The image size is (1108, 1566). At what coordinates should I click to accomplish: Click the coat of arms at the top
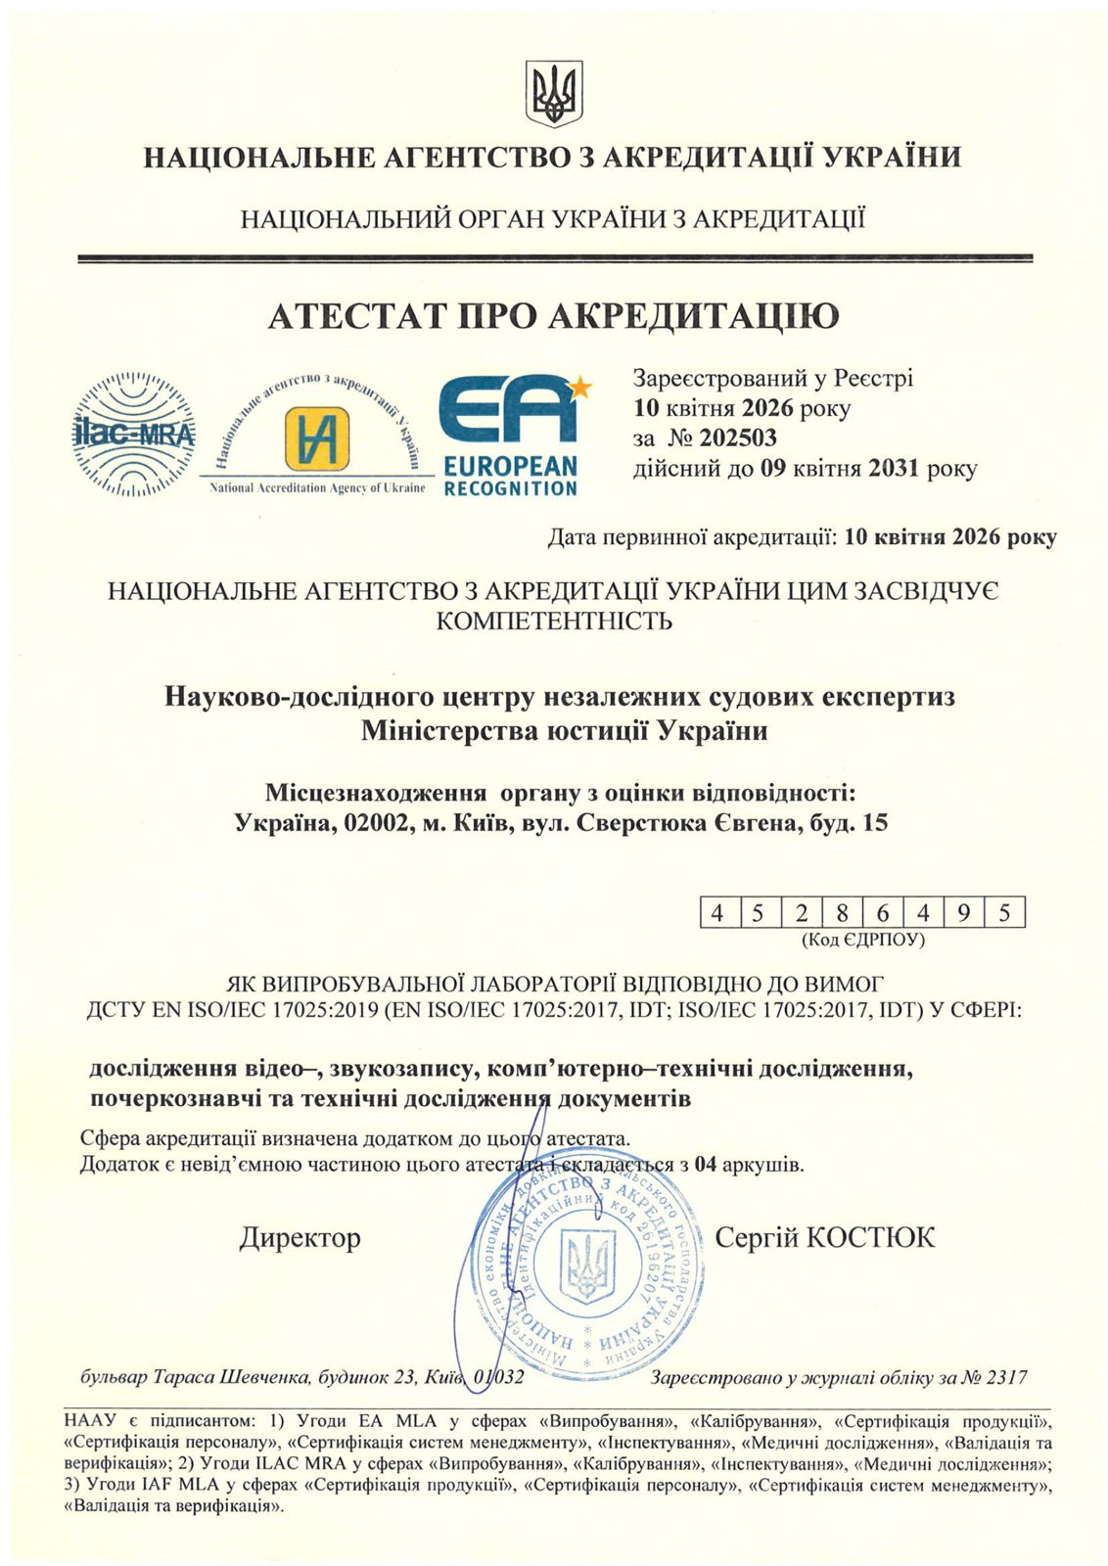coord(553,93)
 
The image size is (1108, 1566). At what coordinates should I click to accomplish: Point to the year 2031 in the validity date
coord(892,469)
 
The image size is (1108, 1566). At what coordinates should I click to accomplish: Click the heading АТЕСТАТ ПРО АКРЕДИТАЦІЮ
coord(553,316)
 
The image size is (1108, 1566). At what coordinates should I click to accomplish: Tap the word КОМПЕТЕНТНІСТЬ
coord(553,621)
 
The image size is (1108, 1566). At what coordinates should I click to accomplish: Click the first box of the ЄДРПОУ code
coord(719,913)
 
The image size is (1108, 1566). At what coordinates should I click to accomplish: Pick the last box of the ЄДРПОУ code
coord(1005,913)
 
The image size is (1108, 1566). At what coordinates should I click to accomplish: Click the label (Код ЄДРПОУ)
coord(862,940)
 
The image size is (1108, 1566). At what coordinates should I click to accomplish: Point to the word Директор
coord(300,1238)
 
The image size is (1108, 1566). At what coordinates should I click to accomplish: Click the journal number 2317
coord(1006,1378)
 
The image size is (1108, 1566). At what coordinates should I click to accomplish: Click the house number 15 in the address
coord(875,823)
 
